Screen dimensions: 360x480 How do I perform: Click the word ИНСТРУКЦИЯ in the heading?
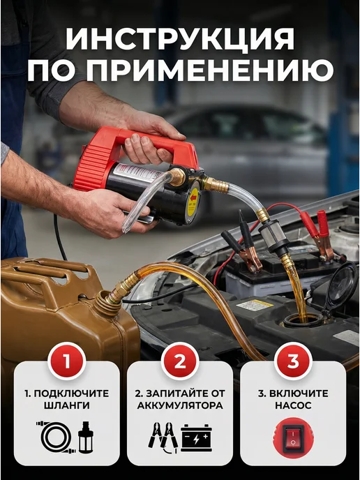coord(180,39)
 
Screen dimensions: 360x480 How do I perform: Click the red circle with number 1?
coord(67,361)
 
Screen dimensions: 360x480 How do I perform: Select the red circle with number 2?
coord(180,361)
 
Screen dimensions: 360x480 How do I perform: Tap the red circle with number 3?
coord(293,361)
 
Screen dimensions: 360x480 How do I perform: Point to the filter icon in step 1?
coord(85,437)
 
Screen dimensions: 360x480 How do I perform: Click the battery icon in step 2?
coord(196,437)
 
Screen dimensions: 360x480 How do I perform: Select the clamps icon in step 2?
coord(163,437)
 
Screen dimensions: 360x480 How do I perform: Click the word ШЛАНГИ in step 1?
coord(67,405)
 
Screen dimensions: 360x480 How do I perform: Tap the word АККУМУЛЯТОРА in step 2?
coord(180,405)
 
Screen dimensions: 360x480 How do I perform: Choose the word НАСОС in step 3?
coord(293,405)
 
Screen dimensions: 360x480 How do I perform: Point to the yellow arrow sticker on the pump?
coord(193,201)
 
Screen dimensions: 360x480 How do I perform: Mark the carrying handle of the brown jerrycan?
coord(52,269)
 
